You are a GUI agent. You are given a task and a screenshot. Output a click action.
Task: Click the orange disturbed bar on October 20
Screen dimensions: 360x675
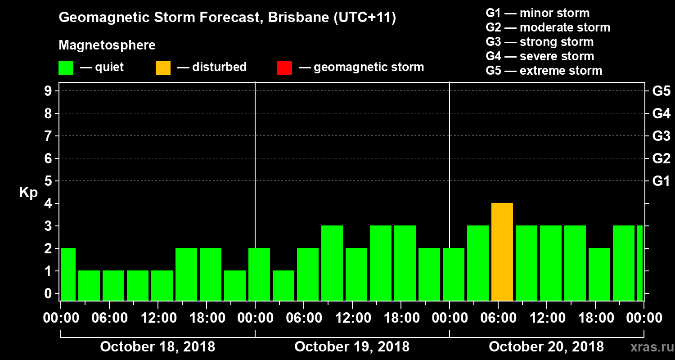coord(502,252)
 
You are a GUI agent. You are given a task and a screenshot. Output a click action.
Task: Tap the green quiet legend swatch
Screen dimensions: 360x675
coord(66,67)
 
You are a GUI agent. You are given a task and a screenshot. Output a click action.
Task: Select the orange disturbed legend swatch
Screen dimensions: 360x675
coord(163,67)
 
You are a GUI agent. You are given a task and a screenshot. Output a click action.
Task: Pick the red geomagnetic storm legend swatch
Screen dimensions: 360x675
coord(284,67)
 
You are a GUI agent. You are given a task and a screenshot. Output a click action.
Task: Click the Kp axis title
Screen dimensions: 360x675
coord(28,193)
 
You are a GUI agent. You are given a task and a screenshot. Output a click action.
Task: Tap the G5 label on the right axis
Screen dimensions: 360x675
coord(661,91)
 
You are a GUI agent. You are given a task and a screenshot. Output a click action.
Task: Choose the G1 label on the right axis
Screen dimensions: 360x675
coord(661,181)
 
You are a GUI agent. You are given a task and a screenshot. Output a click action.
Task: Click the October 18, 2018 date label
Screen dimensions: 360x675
coord(157,347)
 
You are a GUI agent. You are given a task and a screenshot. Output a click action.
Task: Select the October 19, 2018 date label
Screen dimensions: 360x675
coord(352,347)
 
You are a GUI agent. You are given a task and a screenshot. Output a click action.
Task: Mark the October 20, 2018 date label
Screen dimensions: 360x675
coord(546,347)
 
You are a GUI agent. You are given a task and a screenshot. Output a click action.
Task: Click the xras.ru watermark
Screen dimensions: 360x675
coord(648,347)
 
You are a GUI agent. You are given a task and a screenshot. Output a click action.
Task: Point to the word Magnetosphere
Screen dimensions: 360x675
coord(107,45)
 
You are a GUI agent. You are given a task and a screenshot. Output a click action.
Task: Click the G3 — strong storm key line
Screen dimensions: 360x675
coord(540,42)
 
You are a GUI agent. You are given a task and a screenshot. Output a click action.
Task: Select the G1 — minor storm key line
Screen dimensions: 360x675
coord(537,13)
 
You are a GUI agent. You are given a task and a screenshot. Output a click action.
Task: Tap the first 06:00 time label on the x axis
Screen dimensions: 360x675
coord(109,318)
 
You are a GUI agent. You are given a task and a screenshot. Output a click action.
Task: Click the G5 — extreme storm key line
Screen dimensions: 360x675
coord(544,71)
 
